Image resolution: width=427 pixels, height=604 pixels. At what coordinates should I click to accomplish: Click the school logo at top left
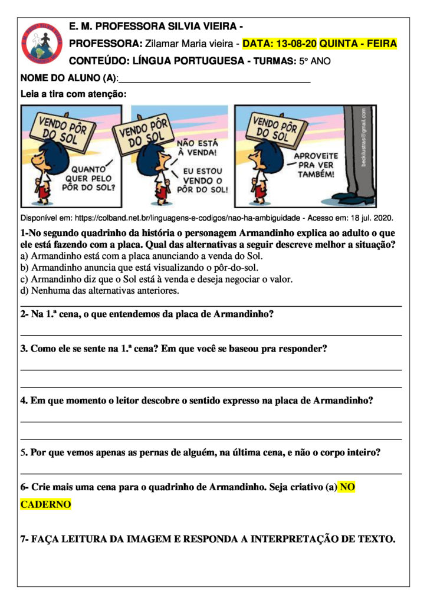pyautogui.click(x=42, y=43)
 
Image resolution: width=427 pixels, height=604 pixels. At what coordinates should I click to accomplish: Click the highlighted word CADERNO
pyautogui.click(x=45, y=505)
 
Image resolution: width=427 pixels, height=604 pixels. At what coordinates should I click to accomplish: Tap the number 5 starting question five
pyautogui.click(x=23, y=453)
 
